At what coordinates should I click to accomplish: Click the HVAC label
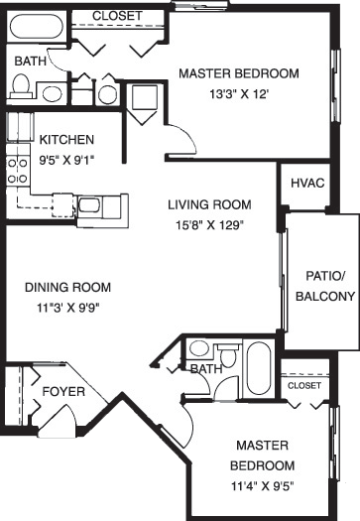point(300,184)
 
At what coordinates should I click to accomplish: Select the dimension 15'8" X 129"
point(208,224)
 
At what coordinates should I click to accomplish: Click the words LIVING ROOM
point(208,205)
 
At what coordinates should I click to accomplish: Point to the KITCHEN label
point(66,139)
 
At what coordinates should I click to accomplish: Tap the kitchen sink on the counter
point(89,205)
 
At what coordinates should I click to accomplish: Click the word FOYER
point(62,392)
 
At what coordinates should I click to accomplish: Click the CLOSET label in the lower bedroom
point(304,385)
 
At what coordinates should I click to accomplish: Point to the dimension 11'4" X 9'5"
point(263,485)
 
